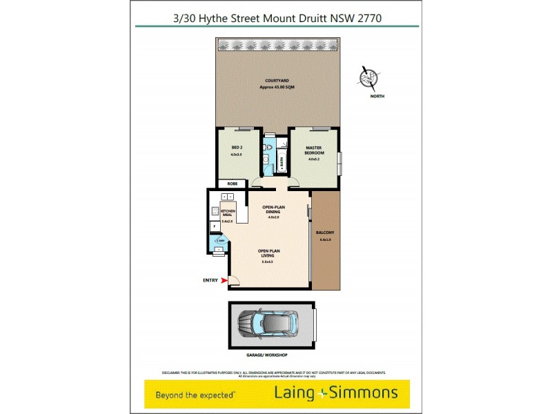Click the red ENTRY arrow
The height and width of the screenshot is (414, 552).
(224, 280)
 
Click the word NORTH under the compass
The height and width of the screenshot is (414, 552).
(377, 96)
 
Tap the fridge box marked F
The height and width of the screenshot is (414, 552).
(215, 226)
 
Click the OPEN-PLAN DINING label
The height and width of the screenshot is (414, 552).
(274, 210)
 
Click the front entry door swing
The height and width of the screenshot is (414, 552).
(233, 280)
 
